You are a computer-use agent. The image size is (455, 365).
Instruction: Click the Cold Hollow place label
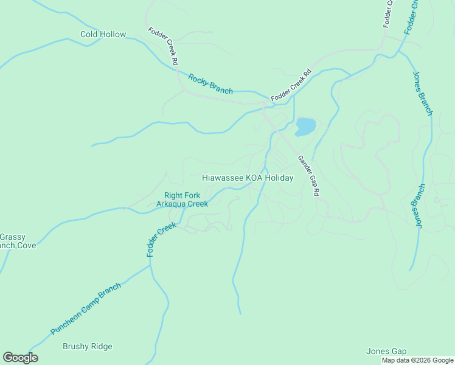click(103, 35)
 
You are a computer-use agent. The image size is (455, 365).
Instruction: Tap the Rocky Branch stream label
click(210, 84)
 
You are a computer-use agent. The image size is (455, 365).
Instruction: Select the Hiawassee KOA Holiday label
click(248, 178)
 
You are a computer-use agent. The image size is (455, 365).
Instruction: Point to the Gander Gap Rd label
click(308, 176)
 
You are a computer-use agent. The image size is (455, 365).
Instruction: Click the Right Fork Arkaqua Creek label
click(182, 200)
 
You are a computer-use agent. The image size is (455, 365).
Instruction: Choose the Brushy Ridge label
click(88, 347)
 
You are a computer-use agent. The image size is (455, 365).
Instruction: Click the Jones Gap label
click(386, 352)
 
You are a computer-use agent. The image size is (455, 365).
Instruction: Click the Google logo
click(20, 358)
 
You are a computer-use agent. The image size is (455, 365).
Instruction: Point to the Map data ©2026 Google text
click(418, 360)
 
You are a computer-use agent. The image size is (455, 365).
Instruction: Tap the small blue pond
click(305, 127)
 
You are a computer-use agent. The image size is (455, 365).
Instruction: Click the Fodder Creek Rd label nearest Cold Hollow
click(163, 46)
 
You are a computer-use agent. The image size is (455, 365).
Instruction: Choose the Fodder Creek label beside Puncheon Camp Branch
click(161, 238)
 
